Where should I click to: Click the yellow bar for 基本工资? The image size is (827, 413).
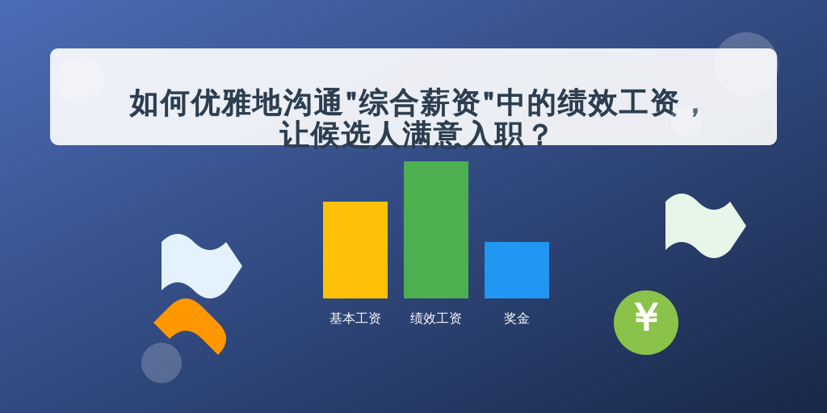355,250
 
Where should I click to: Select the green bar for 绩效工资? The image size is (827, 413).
435,230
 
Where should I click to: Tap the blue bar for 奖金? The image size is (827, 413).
516,270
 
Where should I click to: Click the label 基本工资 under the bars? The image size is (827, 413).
355,319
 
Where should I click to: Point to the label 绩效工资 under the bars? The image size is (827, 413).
435,319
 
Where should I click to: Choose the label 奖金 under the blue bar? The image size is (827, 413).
516,319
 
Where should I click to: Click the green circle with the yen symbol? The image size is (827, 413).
646,323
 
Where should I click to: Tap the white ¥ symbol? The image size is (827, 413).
646,317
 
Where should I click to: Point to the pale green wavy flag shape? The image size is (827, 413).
704,226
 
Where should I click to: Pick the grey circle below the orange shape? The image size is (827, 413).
162,363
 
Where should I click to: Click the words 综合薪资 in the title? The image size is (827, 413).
418,102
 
